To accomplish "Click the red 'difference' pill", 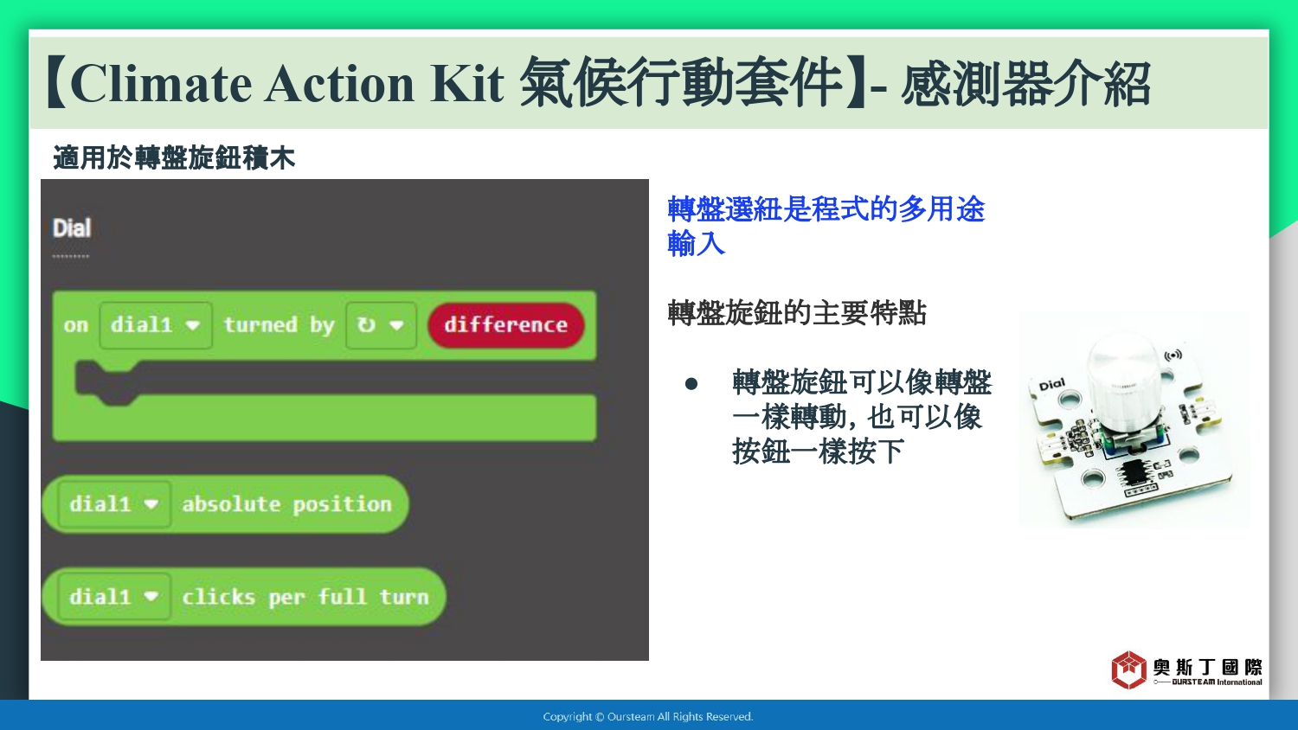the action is tap(506, 325).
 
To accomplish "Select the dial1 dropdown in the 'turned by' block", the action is tap(155, 325).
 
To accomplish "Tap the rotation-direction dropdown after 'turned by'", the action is tap(381, 325).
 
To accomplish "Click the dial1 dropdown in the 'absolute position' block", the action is tap(114, 504).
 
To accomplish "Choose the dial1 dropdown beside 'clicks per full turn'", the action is tap(114, 597).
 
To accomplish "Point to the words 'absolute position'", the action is tap(286, 504).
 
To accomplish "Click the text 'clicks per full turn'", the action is tap(305, 598).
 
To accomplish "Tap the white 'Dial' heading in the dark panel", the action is tap(72, 228).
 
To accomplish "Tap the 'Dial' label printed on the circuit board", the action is tap(1051, 385).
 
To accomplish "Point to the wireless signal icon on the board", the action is tap(1173, 355).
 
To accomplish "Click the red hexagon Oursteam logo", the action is tap(1128, 669).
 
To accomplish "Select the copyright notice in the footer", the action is tap(648, 717).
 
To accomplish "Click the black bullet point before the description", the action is tap(691, 383).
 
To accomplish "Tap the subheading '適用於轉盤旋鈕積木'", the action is tap(174, 157).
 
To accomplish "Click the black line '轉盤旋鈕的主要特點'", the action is tap(797, 313).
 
